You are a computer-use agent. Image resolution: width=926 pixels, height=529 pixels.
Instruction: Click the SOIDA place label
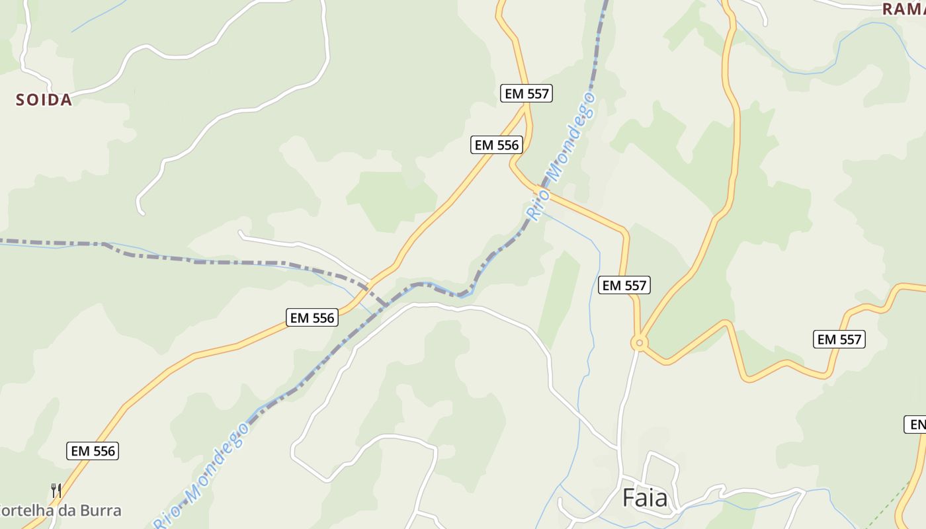pyautogui.click(x=44, y=100)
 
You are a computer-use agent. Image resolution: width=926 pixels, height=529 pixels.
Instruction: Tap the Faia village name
pyautogui.click(x=645, y=497)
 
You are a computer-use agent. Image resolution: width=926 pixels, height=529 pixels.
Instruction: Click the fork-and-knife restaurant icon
pyautogui.click(x=56, y=490)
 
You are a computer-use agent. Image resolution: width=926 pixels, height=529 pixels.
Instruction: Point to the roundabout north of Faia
pyautogui.click(x=638, y=343)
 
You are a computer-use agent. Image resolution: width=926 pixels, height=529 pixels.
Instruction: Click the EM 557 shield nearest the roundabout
pyautogui.click(x=624, y=285)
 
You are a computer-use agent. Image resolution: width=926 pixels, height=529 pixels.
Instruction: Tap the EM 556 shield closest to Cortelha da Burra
pyautogui.click(x=93, y=451)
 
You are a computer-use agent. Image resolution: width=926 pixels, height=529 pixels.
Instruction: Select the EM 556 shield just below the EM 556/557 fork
pyautogui.click(x=497, y=145)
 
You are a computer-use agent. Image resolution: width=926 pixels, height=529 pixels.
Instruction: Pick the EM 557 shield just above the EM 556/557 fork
pyautogui.click(x=526, y=93)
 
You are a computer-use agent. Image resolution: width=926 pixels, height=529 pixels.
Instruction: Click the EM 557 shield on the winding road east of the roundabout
pyautogui.click(x=839, y=339)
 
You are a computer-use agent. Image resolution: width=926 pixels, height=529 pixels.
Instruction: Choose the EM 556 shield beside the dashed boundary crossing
pyautogui.click(x=313, y=317)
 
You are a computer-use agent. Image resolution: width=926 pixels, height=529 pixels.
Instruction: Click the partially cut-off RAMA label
pyautogui.click(x=904, y=9)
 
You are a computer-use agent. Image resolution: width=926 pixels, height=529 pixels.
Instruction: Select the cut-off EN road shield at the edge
pyautogui.click(x=915, y=425)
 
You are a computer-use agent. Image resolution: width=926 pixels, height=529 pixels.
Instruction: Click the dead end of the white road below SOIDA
pyautogui.click(x=141, y=212)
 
